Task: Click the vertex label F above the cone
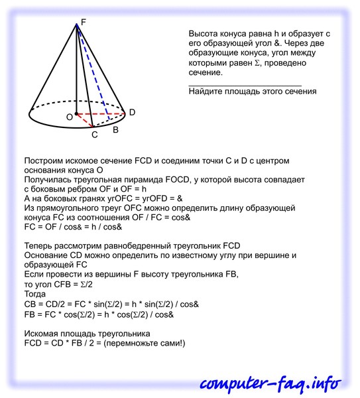click(83, 22)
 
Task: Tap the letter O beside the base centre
click(68, 117)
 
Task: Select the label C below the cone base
click(95, 135)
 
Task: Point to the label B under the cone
click(115, 130)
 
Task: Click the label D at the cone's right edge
click(132, 113)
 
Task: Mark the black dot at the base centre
click(76, 114)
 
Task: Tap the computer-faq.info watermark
click(271, 383)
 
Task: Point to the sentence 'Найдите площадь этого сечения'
click(252, 92)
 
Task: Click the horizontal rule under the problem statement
click(245, 84)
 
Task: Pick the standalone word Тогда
click(35, 294)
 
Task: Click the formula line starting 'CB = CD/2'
click(111, 304)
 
